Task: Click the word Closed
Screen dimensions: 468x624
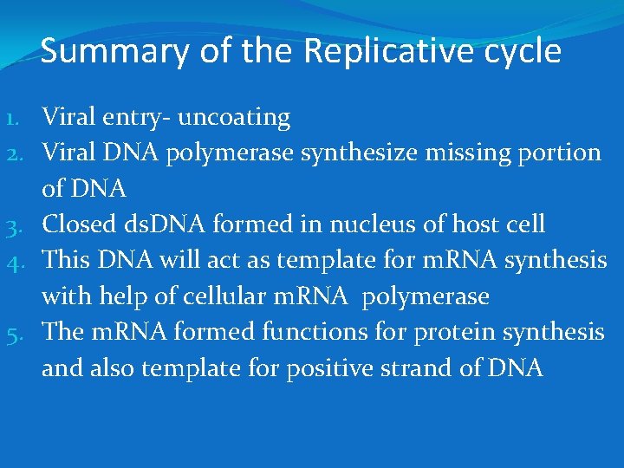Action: [x=81, y=224]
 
